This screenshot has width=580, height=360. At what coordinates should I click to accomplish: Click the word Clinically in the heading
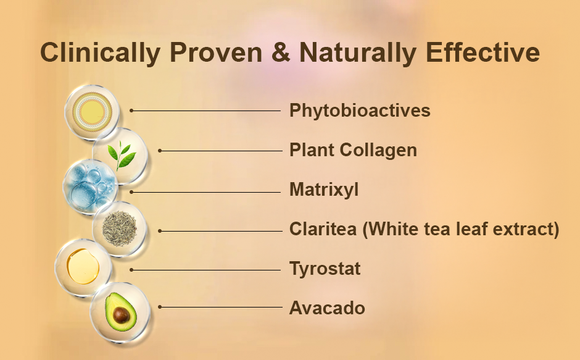(100, 53)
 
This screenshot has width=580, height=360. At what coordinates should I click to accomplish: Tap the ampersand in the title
(281, 52)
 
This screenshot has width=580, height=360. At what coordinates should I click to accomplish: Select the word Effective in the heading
(483, 52)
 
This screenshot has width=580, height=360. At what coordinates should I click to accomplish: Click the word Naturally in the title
(358, 53)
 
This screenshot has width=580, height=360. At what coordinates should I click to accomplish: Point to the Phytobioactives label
(360, 111)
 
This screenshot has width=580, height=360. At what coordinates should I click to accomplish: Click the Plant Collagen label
(354, 151)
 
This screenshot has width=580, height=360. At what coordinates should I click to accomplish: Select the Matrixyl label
(324, 190)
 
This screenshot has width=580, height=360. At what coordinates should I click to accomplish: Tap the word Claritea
(323, 228)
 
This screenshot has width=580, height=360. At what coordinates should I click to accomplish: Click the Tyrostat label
(325, 269)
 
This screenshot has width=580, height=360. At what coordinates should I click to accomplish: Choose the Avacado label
(327, 308)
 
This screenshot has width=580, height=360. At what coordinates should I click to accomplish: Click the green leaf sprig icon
(121, 155)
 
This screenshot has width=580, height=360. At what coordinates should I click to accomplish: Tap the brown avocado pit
(121, 315)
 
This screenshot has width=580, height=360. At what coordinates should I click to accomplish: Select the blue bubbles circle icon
(90, 187)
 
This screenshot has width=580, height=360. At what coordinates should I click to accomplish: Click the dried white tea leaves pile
(120, 229)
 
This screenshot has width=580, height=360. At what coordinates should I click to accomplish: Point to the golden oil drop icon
(83, 266)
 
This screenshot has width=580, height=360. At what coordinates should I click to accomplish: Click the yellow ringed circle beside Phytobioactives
(92, 112)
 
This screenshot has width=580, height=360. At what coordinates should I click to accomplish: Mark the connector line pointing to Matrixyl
(205, 192)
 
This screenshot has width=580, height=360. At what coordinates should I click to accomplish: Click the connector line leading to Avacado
(220, 307)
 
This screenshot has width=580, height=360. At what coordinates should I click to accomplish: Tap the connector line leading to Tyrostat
(205, 270)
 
